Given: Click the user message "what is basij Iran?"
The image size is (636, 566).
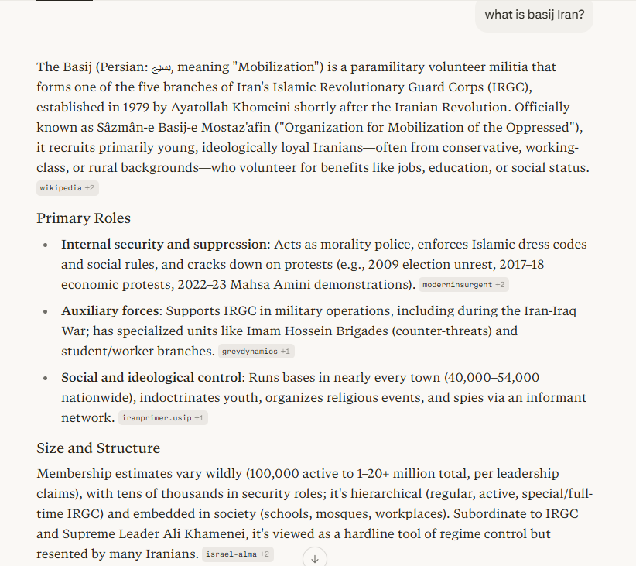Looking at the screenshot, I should [x=535, y=15].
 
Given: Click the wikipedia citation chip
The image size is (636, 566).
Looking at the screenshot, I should [x=67, y=188].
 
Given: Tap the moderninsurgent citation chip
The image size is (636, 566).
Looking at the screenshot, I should [x=463, y=285].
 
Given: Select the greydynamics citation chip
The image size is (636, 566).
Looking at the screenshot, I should [x=255, y=352].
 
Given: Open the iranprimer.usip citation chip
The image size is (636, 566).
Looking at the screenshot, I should [x=163, y=418].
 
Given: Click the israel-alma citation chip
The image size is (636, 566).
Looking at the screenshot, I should [x=238, y=554].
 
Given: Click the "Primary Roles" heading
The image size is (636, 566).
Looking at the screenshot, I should [x=84, y=218].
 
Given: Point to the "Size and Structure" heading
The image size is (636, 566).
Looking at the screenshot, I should [x=98, y=448].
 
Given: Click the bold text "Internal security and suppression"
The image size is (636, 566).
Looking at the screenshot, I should [x=165, y=245].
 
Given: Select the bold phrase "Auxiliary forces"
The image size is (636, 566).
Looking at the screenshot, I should [x=109, y=311].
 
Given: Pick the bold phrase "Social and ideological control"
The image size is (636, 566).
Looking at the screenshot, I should [x=152, y=378].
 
